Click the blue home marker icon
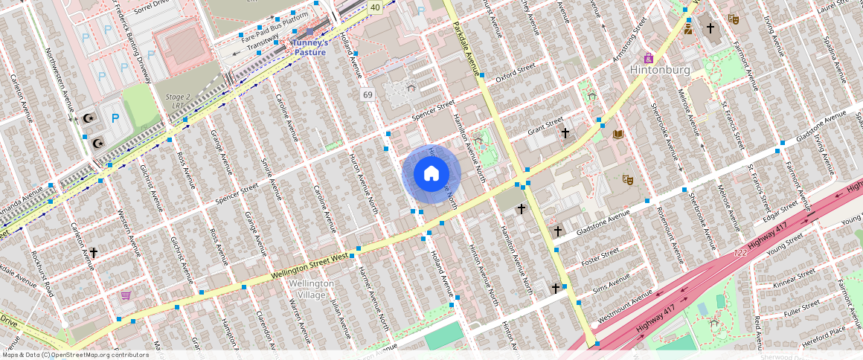click(x=431, y=174)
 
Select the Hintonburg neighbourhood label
click(x=660, y=70)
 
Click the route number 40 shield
click(x=375, y=7)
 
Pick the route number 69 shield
click(x=368, y=95)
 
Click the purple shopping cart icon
click(x=126, y=295)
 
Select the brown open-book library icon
click(x=617, y=135)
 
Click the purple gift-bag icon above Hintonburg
click(x=649, y=57)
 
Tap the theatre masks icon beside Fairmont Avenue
click(x=734, y=19)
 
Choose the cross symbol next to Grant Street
click(x=565, y=133)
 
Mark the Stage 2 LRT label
click(x=179, y=100)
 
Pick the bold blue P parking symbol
click(x=115, y=118)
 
